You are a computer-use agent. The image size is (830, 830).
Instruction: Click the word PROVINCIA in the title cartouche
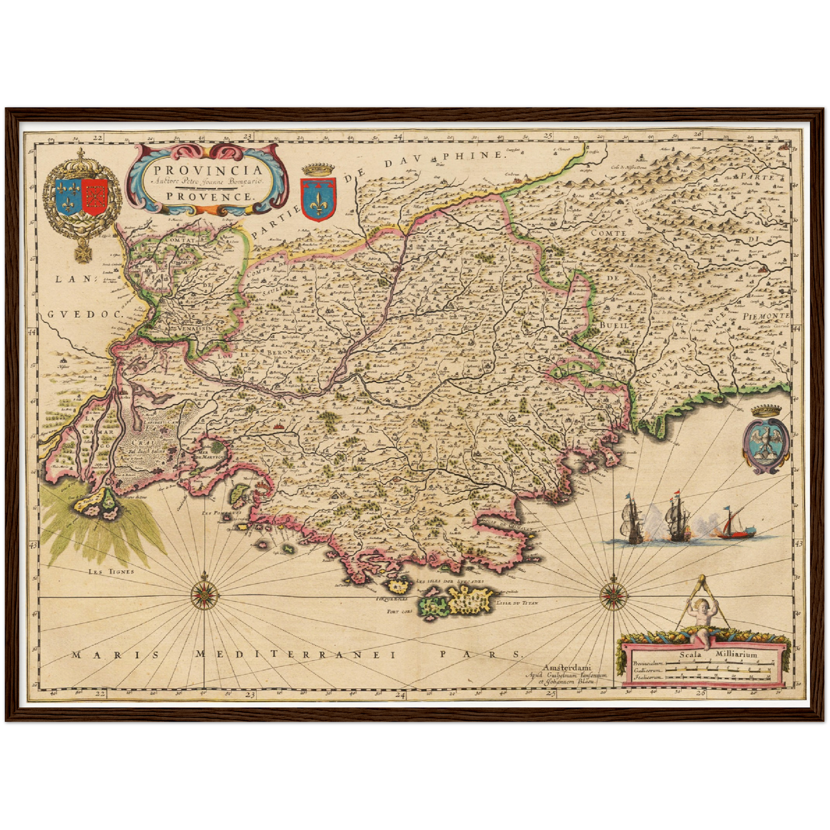[x=208, y=170]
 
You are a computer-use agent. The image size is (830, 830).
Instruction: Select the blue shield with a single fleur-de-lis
[x=318, y=199]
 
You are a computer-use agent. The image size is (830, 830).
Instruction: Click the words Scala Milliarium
[x=718, y=654]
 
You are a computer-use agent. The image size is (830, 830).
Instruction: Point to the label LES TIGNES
[x=111, y=571]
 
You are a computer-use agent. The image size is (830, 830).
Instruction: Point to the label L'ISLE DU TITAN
[x=516, y=603]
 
